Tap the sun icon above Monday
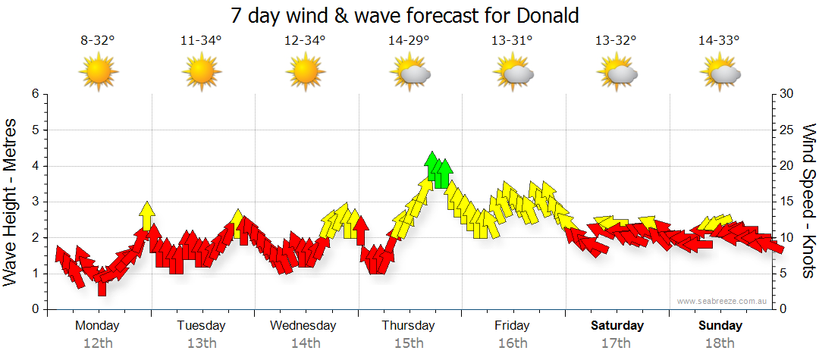click(x=98, y=72)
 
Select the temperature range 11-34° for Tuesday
click(x=201, y=41)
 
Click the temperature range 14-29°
click(x=409, y=41)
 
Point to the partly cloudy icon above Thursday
click(x=410, y=73)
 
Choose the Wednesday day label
click(x=303, y=325)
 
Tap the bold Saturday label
click(x=617, y=325)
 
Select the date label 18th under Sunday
click(x=720, y=343)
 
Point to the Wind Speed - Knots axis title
click(x=808, y=201)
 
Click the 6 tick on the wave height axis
click(x=34, y=94)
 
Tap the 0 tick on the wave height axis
click(x=34, y=309)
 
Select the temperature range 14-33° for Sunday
click(x=720, y=41)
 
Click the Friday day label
click(x=512, y=325)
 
